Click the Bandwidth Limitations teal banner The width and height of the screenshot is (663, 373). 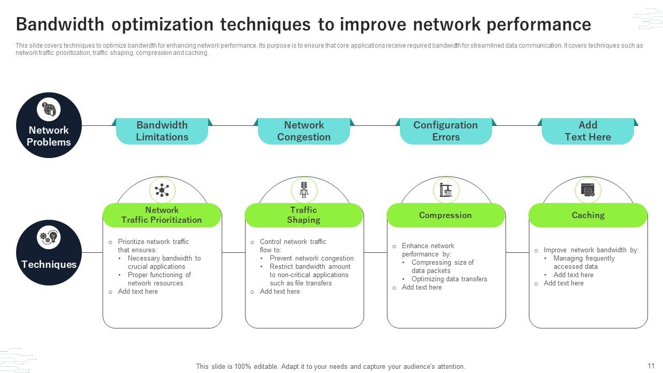click(162, 131)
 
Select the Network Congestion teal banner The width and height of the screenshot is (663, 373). click(304, 131)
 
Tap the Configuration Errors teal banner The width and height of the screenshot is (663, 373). click(446, 131)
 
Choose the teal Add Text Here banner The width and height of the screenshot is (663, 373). click(588, 131)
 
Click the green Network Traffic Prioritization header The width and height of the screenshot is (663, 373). click(162, 215)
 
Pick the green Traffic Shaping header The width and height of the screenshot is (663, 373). click(304, 215)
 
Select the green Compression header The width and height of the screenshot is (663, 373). click(446, 215)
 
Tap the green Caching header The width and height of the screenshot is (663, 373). click(588, 215)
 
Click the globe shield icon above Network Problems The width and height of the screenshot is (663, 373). click(49, 109)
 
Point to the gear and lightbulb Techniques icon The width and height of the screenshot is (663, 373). click(49, 237)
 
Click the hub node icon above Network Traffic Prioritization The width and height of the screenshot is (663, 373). click(162, 190)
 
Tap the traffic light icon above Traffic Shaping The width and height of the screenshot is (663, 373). click(304, 190)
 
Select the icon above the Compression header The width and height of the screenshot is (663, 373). click(446, 190)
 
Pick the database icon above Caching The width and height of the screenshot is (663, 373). click(588, 190)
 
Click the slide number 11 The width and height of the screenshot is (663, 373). click(651, 366)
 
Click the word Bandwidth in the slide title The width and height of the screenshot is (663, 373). click(60, 24)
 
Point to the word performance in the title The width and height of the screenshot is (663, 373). click(539, 25)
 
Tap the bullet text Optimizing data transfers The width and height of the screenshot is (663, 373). click(449, 279)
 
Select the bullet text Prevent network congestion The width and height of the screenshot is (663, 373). click(312, 258)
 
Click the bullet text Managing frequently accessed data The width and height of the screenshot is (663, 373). click(584, 262)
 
